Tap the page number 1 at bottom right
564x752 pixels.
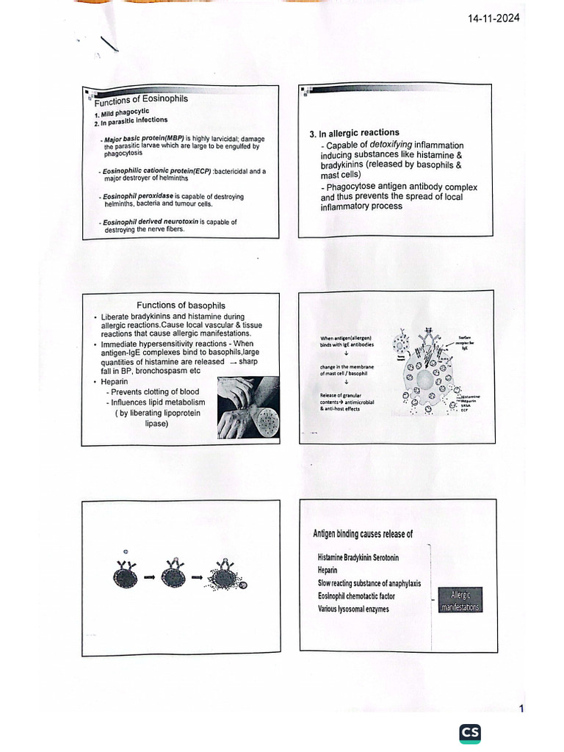(521, 709)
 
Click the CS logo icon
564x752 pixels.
(470, 733)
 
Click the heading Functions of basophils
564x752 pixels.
(181, 305)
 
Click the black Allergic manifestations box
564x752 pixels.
(459, 600)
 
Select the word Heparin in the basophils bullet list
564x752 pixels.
(116, 382)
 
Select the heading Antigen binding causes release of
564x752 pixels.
(362, 534)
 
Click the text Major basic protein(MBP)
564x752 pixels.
(143, 139)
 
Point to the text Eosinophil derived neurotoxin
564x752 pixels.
(149, 222)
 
